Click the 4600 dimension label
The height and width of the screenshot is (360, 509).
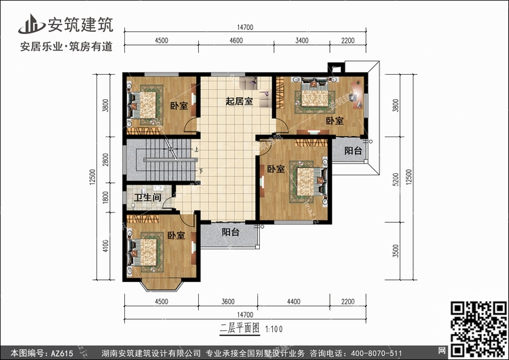(x=236, y=40)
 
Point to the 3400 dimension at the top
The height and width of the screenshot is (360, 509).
(x=302, y=40)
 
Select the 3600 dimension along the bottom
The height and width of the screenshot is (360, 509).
(x=228, y=302)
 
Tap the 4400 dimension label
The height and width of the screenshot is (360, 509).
(x=293, y=302)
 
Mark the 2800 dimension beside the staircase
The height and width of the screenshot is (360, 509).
(x=105, y=160)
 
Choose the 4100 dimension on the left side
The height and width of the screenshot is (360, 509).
(x=105, y=246)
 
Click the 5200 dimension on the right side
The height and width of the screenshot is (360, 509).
(x=396, y=179)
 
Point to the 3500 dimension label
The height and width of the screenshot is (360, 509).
(x=396, y=251)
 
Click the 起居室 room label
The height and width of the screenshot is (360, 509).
(x=240, y=101)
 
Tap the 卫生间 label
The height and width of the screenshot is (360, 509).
(x=148, y=197)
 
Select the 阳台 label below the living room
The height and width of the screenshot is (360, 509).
(x=231, y=232)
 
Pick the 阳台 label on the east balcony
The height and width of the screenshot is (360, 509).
(x=353, y=150)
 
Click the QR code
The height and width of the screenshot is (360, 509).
(x=479, y=329)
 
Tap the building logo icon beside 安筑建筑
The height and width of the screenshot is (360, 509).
(x=31, y=24)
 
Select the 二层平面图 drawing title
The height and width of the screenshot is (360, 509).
(x=240, y=329)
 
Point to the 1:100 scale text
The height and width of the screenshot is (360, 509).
(x=274, y=329)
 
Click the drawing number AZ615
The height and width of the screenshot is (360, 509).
(x=62, y=353)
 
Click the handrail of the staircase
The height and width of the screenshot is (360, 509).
(x=170, y=160)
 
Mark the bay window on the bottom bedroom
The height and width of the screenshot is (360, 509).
(x=161, y=285)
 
